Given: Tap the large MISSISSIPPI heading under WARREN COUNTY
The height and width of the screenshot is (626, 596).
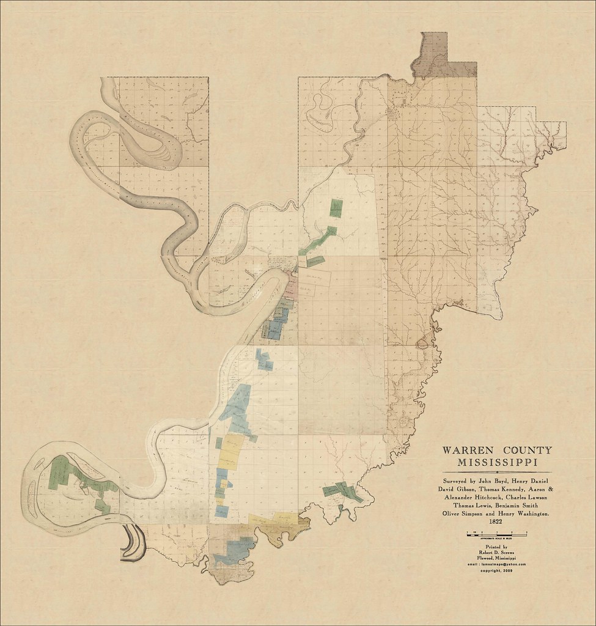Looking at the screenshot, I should pyautogui.click(x=497, y=462).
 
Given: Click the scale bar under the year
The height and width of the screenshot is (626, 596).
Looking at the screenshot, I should pyautogui.click(x=496, y=534).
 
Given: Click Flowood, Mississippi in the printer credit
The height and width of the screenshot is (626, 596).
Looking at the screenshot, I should pyautogui.click(x=497, y=559).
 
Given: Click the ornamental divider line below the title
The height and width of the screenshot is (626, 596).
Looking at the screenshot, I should pyautogui.click(x=497, y=472).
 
